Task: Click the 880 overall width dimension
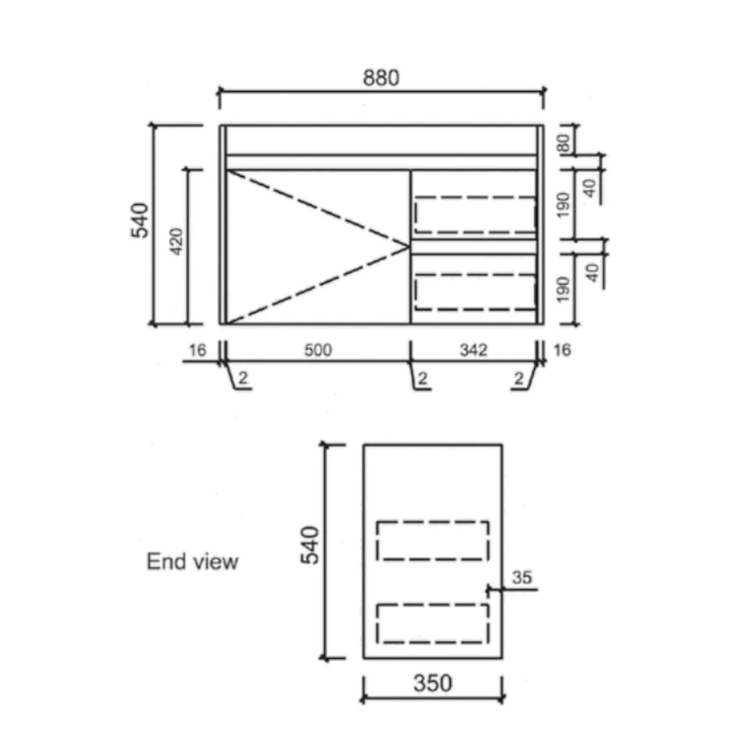pyautogui.click(x=381, y=78)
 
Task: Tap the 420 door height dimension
pyautogui.click(x=177, y=242)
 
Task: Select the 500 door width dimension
pyautogui.click(x=318, y=350)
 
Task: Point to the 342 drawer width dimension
pyautogui.click(x=473, y=350)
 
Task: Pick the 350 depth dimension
pyautogui.click(x=433, y=683)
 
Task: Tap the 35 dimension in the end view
pyautogui.click(x=522, y=578)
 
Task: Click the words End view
pyautogui.click(x=193, y=562)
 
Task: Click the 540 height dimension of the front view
pyautogui.click(x=140, y=220)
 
